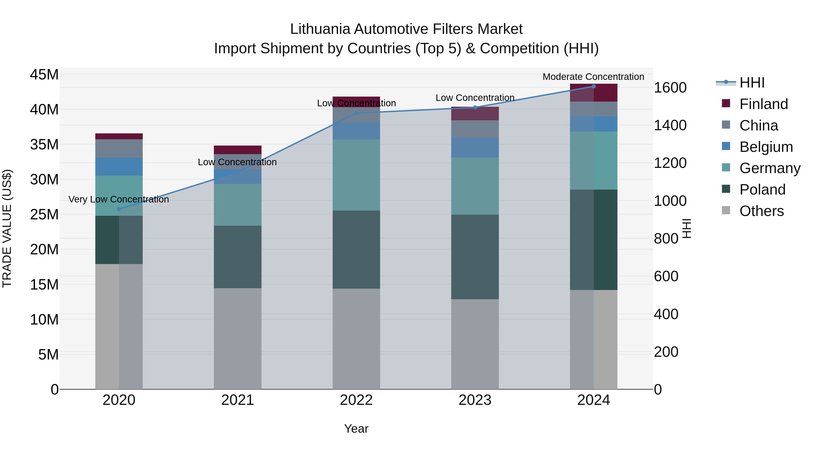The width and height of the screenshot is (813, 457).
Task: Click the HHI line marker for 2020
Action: [x=119, y=209]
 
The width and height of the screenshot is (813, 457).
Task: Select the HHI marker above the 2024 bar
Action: [x=594, y=86]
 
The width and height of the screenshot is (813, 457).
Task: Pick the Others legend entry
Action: [x=761, y=211]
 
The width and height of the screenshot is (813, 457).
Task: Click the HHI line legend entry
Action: [x=752, y=83]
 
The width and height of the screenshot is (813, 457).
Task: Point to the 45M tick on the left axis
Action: [x=44, y=75]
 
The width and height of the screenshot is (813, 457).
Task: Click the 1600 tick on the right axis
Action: [x=670, y=88]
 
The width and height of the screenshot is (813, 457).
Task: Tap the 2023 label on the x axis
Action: [x=475, y=400]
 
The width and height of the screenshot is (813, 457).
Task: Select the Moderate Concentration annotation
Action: [x=593, y=77]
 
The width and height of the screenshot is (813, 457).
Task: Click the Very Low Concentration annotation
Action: [x=119, y=199]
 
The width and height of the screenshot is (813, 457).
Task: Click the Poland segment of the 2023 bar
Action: [x=475, y=257]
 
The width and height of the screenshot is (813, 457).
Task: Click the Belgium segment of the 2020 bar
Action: [x=119, y=167]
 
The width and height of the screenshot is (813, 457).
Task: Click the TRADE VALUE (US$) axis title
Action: [x=7, y=228]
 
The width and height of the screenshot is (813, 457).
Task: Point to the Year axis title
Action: [x=356, y=429]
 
